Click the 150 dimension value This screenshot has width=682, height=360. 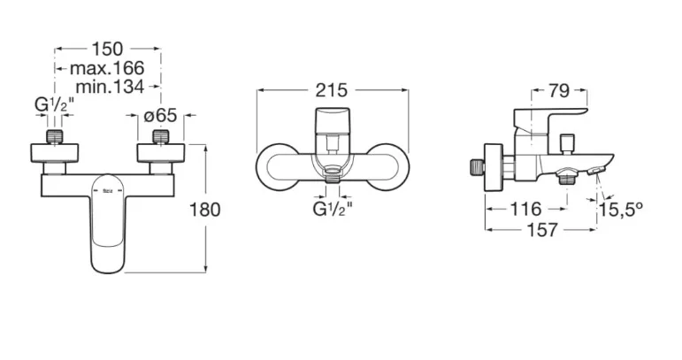pyautogui.click(x=107, y=50)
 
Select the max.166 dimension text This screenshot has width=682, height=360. pyautogui.click(x=107, y=68)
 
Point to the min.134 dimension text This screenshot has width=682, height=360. pyautogui.click(x=110, y=87)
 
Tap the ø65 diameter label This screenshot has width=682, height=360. pyautogui.click(x=160, y=115)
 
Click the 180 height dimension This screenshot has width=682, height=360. pyautogui.click(x=205, y=210)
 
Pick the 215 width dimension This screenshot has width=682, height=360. pyautogui.click(x=332, y=90)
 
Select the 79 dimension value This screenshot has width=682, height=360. pyautogui.click(x=558, y=91)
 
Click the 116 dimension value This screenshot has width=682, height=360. pyautogui.click(x=525, y=209)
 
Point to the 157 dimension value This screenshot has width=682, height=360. pyautogui.click(x=542, y=230)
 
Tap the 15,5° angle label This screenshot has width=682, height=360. pyautogui.click(x=621, y=210)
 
